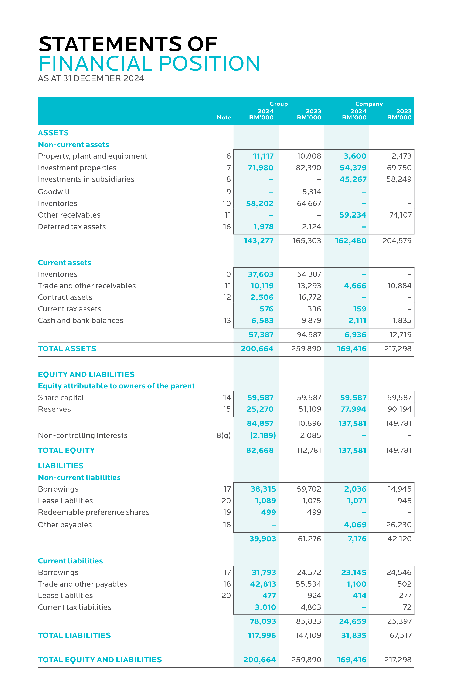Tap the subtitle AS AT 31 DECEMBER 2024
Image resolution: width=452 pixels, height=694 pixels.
click(91, 79)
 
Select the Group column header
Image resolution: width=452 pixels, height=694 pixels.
click(278, 104)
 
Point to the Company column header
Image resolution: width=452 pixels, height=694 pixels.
click(369, 104)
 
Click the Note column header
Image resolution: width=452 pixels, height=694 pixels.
click(224, 118)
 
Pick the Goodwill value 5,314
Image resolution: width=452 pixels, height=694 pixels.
click(312, 192)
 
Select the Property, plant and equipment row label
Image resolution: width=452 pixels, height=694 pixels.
click(92, 156)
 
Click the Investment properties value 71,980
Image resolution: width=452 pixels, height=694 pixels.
click(261, 168)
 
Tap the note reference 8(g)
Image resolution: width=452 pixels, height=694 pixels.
click(224, 435)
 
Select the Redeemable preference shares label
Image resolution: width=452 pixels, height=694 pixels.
click(94, 512)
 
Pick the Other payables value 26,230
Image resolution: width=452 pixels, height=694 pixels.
click(399, 525)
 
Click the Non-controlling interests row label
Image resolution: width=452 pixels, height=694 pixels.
click(83, 435)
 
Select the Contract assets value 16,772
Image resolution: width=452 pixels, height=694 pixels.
click(309, 297)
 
